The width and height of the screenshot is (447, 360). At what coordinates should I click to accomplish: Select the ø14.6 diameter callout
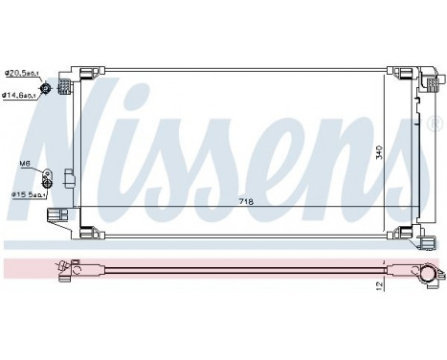[x=19, y=94]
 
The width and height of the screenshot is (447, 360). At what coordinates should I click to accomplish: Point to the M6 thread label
[x=25, y=164]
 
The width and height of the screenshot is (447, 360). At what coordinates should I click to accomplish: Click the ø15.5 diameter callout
[x=23, y=194]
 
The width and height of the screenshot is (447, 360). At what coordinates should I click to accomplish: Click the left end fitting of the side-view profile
[x=68, y=272]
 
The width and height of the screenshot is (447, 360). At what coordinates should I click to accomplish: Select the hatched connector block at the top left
[x=64, y=89]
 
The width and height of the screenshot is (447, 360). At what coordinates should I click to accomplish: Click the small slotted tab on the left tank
[x=67, y=178]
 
